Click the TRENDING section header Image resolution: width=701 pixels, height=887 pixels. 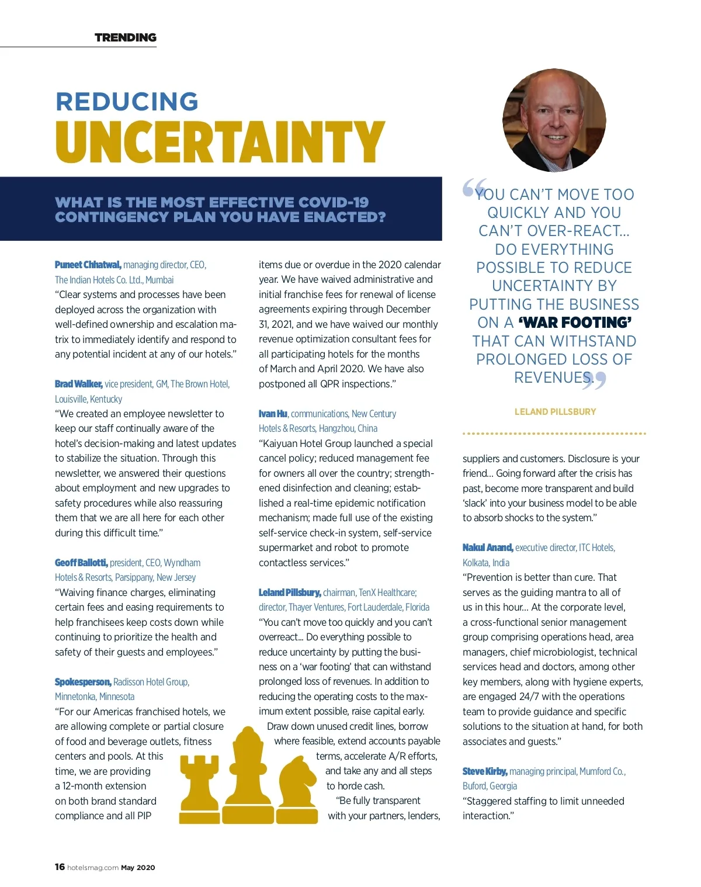(x=126, y=38)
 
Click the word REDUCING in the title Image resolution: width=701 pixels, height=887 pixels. (x=127, y=101)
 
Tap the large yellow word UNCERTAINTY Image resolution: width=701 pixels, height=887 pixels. (x=220, y=142)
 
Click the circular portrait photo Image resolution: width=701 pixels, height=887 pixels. (x=554, y=120)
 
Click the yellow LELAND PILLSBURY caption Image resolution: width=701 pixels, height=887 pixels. (x=555, y=412)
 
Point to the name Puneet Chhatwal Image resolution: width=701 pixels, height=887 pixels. (x=88, y=265)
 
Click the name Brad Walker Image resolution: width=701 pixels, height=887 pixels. (x=79, y=384)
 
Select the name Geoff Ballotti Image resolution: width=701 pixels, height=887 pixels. (x=81, y=563)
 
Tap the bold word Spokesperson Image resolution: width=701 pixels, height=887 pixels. (x=83, y=682)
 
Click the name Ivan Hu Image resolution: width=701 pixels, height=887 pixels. (x=273, y=414)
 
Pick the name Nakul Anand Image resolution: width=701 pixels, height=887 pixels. (x=488, y=548)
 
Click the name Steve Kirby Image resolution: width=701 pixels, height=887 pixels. (x=485, y=771)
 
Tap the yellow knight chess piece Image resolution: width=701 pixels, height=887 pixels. (x=297, y=789)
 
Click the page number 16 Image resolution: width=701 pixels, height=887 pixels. (x=60, y=867)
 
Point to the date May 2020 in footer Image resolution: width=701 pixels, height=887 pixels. (x=138, y=868)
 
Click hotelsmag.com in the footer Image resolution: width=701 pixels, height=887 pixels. (x=93, y=868)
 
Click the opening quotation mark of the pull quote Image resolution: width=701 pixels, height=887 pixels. (x=474, y=188)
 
